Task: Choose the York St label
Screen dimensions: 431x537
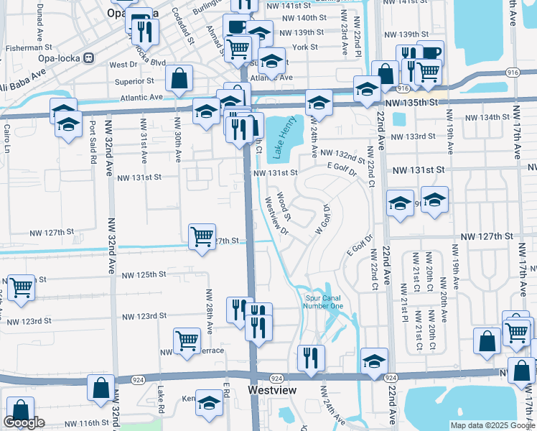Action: click(x=305, y=47)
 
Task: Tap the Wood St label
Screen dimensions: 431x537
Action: click(x=283, y=205)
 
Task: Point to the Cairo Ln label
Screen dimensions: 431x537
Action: click(x=7, y=140)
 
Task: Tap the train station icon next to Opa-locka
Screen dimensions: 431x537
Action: click(x=88, y=57)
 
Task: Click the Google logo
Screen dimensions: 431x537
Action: click(x=24, y=423)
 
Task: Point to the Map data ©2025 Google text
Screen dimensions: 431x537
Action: click(x=492, y=425)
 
